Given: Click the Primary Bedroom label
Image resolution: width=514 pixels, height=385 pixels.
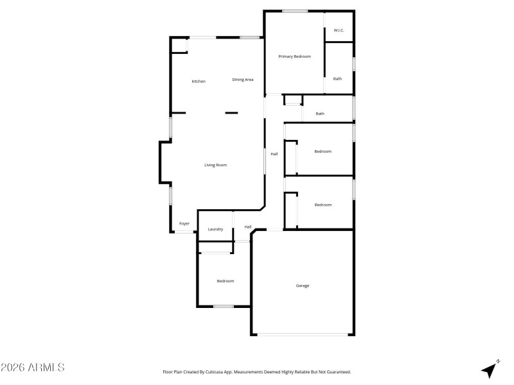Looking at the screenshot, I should point(294,56).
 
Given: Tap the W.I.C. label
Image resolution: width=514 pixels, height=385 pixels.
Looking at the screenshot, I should point(339,30).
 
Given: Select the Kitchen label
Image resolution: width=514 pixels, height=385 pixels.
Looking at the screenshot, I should point(199,81).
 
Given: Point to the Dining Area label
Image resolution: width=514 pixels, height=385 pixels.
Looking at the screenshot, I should point(243,80).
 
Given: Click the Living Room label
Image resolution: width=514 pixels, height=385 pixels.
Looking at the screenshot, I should point(216,165).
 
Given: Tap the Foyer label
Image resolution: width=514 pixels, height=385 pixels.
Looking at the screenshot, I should point(184,223).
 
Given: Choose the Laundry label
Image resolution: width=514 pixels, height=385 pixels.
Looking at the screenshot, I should point(215,229).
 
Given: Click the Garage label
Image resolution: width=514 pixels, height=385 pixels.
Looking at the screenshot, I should point(303,286).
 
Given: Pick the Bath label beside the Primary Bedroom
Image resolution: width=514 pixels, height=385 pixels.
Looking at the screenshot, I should point(337,79).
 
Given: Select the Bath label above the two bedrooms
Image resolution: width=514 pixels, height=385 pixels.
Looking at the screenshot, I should point(320,114).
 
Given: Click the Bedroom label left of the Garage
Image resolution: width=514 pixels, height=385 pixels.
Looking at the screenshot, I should point(225,281).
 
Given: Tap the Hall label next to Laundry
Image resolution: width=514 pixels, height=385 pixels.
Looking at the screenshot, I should point(247,227).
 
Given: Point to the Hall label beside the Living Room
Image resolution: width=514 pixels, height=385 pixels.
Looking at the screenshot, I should point(274,154).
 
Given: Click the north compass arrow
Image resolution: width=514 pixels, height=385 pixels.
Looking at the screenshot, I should point(491,369).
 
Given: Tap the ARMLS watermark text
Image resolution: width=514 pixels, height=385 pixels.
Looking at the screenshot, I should point(33,368).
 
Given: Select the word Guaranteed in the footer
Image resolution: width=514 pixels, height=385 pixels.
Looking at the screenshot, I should point(335,372).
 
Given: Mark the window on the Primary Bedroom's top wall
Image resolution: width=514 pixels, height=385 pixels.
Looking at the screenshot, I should point(294,10).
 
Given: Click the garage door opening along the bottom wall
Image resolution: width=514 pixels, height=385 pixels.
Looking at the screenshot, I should point(303,334).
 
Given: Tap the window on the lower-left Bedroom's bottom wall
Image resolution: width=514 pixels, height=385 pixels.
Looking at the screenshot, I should point(223,306).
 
